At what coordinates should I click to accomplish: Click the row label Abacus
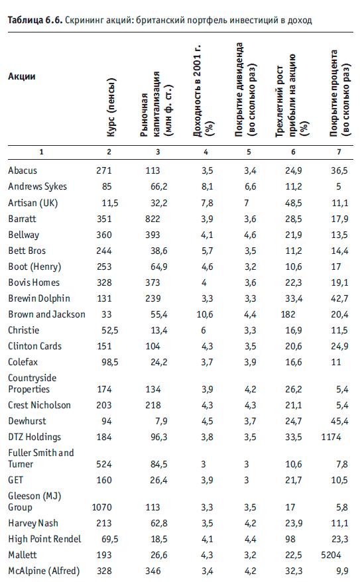tap(23, 170)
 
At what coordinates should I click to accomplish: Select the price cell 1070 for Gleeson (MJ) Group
tap(101, 507)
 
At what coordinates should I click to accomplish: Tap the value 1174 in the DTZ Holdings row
tap(331, 437)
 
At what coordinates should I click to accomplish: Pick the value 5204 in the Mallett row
tap(331, 555)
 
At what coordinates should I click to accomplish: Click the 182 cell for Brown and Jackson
tap(288, 314)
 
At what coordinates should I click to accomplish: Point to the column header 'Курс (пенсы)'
tap(111, 107)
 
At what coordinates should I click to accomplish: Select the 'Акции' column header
tap(22, 76)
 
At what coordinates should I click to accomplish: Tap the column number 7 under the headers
tap(339, 152)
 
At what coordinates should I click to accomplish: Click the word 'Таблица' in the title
tap(25, 20)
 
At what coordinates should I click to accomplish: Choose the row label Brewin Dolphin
tap(39, 298)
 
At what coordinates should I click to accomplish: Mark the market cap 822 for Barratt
tap(152, 219)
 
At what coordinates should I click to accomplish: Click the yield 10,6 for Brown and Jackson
tap(205, 314)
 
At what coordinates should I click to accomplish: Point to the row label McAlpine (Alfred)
tap(44, 571)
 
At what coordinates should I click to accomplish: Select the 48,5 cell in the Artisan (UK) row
tap(294, 203)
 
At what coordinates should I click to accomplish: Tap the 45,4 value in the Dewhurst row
tap(339, 421)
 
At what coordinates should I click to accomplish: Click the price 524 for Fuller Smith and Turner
tap(104, 464)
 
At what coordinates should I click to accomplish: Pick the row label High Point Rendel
tap(44, 539)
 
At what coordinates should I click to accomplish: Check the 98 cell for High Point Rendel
tap(290, 539)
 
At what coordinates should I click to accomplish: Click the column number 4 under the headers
tap(206, 152)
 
